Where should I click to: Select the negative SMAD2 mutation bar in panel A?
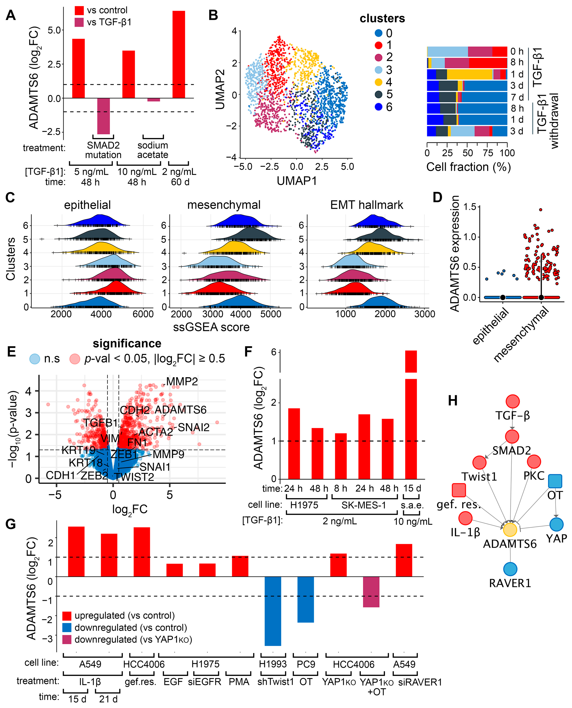coord(104,116)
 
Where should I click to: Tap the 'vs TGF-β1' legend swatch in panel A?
coord(79,22)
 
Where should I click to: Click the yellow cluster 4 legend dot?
coord(379,82)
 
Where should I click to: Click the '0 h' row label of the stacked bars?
coord(517,51)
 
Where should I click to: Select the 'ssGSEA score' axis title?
coord(211,327)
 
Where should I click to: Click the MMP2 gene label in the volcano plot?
coord(182,382)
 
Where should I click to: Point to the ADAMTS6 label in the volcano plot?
coord(181,410)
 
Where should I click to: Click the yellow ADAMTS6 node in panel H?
coord(510,530)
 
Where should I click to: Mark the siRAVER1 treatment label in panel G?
coord(420,682)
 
